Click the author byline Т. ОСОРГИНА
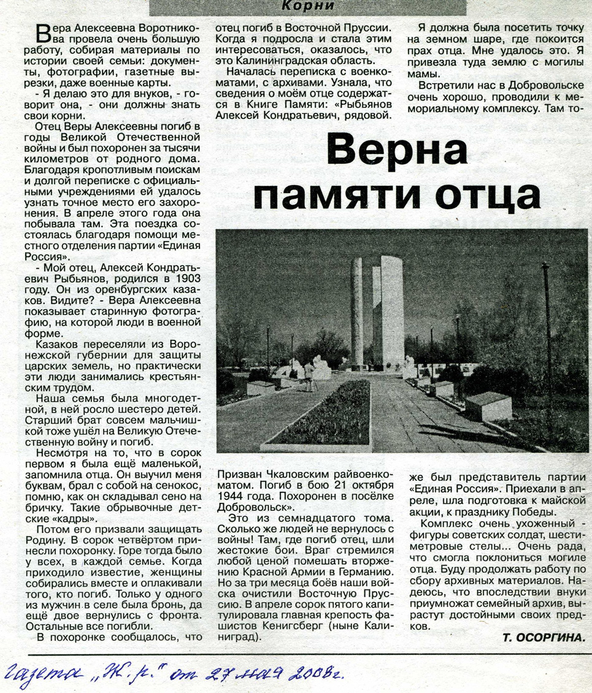click(542, 638)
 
